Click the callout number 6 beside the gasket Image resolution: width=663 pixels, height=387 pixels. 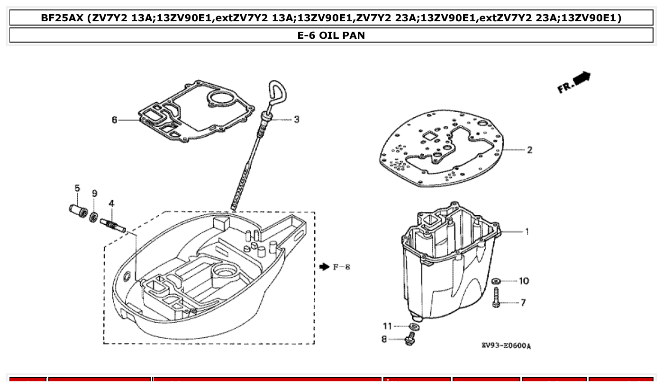pos(114,120)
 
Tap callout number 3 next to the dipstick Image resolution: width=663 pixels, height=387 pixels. pos(297,119)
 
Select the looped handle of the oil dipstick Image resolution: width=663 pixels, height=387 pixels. pos(276,93)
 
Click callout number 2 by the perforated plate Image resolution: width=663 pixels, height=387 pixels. pos(529,150)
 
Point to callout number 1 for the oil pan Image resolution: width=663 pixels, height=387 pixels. pos(527,231)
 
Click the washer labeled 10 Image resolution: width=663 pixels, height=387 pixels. pos(496,281)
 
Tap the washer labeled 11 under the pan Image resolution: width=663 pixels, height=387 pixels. pos(415,326)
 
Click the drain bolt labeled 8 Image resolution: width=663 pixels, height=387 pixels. pos(409,339)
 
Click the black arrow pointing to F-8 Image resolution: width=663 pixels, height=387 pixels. pos(324,267)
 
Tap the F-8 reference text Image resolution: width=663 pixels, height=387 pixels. pos(341,267)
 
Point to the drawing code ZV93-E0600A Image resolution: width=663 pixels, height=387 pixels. pos(506,346)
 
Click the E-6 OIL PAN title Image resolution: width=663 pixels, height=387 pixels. pos(331,35)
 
